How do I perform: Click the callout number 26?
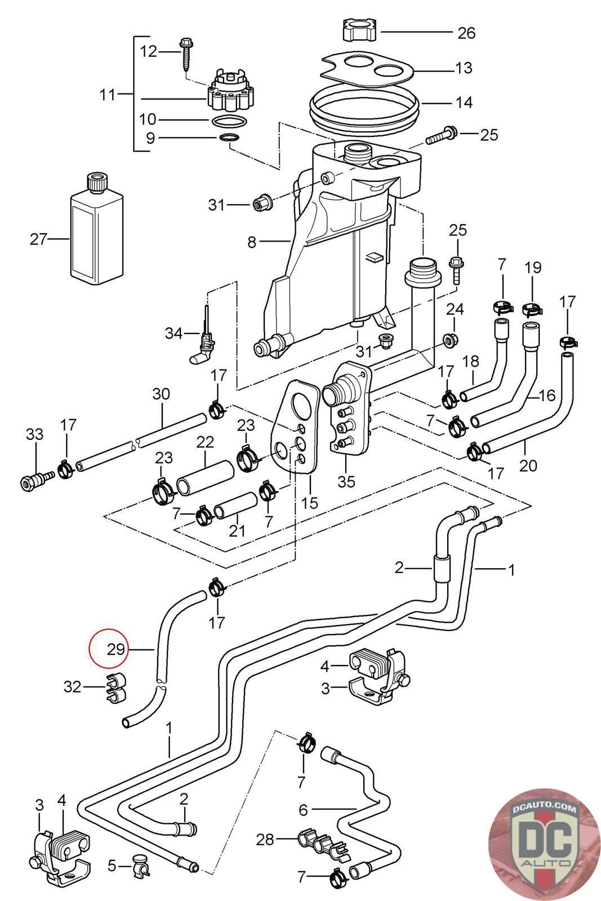pos(466,33)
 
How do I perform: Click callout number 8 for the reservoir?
pos(252,242)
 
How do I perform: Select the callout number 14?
pos(464,102)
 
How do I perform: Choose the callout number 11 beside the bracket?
pos(107,95)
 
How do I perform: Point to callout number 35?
pos(346,482)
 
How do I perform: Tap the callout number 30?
pos(161,394)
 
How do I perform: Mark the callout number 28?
pos(265,840)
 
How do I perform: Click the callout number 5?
pos(112,865)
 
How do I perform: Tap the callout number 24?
pos(455,309)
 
